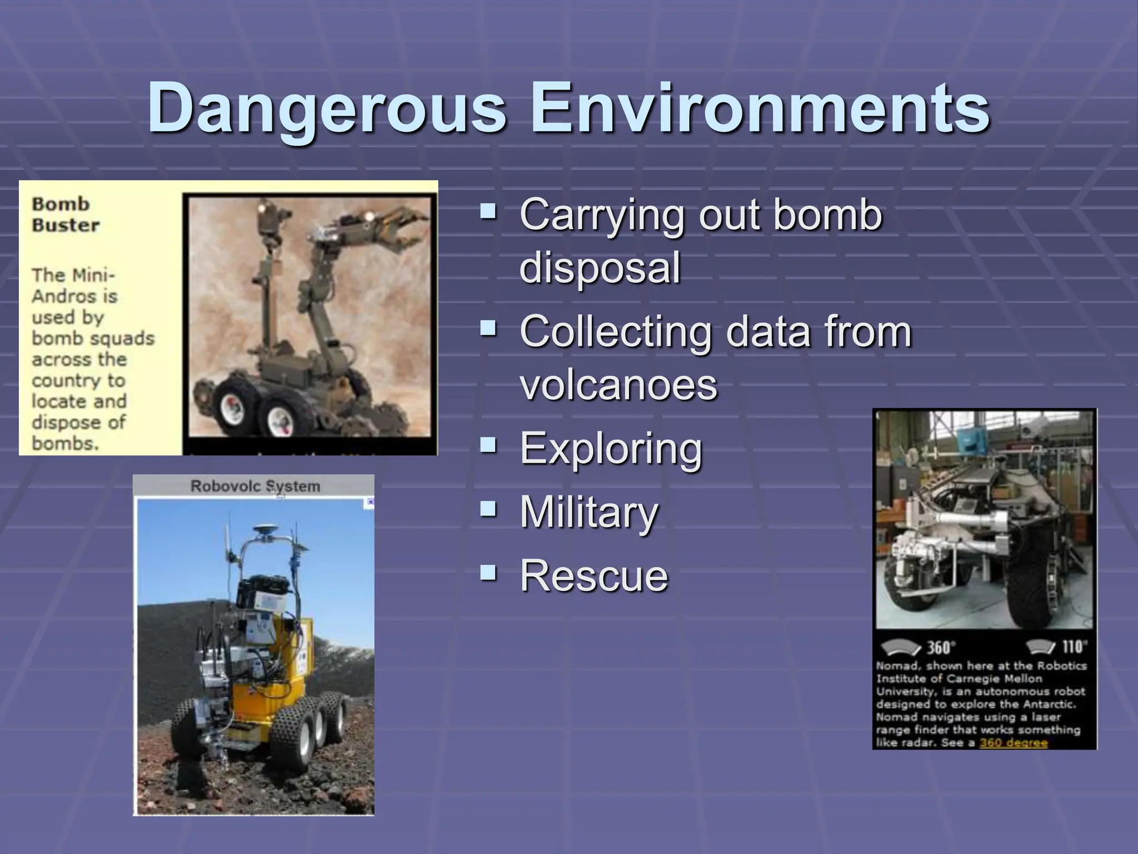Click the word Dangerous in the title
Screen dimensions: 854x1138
point(327,108)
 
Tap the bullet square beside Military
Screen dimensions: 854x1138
point(488,508)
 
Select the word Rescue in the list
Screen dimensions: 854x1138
point(593,575)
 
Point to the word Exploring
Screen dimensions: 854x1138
point(611,449)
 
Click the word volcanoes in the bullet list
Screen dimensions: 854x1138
point(618,385)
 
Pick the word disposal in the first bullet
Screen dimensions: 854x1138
point(600,268)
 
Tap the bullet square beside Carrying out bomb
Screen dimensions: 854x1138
point(488,211)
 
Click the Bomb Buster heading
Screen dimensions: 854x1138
point(65,214)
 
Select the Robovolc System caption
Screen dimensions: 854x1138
point(255,486)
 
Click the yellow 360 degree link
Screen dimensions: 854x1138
point(1013,743)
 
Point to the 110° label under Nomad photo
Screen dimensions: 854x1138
point(1073,647)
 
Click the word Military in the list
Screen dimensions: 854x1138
point(588,512)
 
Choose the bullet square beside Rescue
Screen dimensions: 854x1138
point(488,572)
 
